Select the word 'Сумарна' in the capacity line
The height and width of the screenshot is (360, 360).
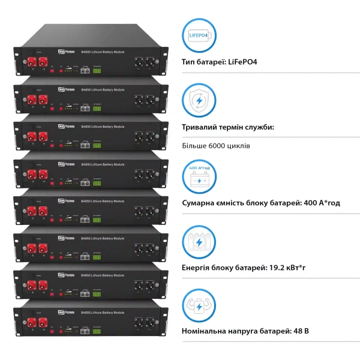(x=200, y=203)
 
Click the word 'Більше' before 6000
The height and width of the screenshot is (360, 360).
(x=193, y=146)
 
